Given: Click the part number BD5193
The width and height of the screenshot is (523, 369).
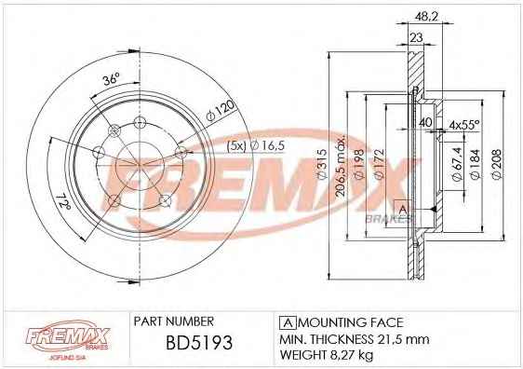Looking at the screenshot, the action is (199, 343).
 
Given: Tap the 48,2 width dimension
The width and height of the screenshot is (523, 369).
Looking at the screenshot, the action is (427, 17).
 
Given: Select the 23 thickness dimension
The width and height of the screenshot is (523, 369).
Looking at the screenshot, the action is (416, 37).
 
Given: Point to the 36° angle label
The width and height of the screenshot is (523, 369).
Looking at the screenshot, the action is (111, 79).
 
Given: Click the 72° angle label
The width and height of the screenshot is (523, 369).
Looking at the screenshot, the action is (63, 201).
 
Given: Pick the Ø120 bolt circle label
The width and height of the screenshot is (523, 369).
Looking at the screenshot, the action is (220, 111).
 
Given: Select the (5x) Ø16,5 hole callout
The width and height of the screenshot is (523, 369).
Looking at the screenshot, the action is (256, 146).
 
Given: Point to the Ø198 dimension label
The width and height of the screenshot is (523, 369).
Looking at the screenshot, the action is (358, 165).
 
